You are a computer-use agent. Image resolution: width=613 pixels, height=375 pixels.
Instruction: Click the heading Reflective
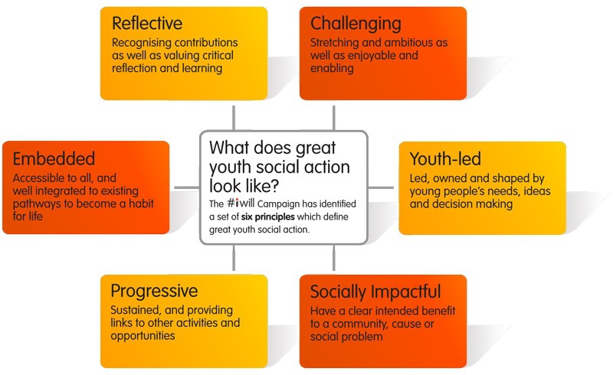pyautogui.click(x=147, y=24)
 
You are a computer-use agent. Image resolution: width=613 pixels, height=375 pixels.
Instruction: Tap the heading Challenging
pyautogui.click(x=356, y=24)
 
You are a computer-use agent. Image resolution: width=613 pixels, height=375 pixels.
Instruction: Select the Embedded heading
pyautogui.click(x=54, y=158)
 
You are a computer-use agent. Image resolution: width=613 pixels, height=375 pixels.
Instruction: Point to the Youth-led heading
pyautogui.click(x=445, y=159)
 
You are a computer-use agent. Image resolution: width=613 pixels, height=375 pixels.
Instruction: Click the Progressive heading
pyautogui.click(x=154, y=291)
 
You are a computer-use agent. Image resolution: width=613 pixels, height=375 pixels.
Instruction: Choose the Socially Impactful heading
pyautogui.click(x=375, y=292)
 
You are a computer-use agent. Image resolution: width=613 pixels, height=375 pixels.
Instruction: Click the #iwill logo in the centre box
pyautogui.click(x=241, y=203)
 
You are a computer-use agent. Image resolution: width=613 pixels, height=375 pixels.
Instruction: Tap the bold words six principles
pyautogui.click(x=267, y=217)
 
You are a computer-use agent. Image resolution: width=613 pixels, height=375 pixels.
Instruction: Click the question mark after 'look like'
pyautogui.click(x=274, y=186)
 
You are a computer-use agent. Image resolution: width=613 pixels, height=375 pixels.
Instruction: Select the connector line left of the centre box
pyautogui.click(x=186, y=188)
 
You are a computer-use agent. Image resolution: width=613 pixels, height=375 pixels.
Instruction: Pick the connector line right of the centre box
pyautogui.click(x=381, y=188)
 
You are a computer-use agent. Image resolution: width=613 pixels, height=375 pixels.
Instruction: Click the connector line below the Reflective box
pyautogui.click(x=234, y=118)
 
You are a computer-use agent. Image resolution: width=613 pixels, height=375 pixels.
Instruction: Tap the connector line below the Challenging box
pyautogui.click(x=334, y=118)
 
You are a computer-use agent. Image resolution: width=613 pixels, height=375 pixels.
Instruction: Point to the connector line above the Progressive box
pyautogui.click(x=234, y=258)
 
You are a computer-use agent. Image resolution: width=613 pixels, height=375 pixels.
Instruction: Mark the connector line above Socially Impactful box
pyautogui.click(x=334, y=258)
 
